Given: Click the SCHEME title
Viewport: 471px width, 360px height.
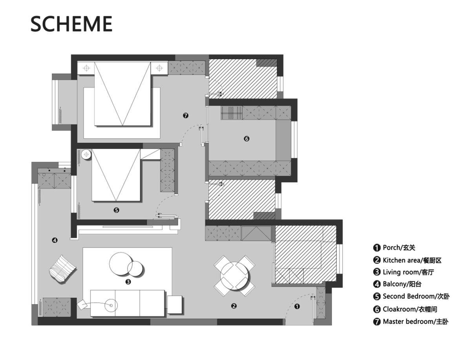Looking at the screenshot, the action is tap(71, 24).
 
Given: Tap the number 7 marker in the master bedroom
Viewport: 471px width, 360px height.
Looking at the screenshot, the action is tap(186, 116).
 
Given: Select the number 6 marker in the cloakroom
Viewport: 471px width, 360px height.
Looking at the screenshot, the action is tap(246, 139).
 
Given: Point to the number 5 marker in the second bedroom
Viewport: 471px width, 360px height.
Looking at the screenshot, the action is tap(116, 210).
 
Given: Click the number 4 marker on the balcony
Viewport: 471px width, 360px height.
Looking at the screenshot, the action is tap(55, 240).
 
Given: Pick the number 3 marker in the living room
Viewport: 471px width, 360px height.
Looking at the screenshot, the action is tap(128, 282).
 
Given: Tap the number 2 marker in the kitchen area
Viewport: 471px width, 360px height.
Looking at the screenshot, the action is tap(234, 306).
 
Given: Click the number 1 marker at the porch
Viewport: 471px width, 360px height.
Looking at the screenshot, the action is tap(297, 307).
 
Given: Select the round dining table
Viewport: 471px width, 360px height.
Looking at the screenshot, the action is tap(234, 276).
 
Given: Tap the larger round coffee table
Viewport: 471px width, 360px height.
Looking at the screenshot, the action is tap(120, 264).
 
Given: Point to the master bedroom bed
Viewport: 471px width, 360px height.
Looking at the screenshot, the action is tap(122, 94).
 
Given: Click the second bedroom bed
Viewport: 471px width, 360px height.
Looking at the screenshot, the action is tap(116, 175).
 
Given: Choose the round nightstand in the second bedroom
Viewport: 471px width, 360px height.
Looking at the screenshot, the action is tap(86, 155).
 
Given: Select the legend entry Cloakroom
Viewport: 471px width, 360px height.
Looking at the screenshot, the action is tap(405, 309).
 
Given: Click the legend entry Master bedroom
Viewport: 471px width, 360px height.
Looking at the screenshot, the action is tap(411, 322).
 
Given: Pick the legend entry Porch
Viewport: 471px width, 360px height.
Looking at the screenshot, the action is tap(394, 248).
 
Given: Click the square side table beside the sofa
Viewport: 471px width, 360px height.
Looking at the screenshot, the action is tap(175, 304).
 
